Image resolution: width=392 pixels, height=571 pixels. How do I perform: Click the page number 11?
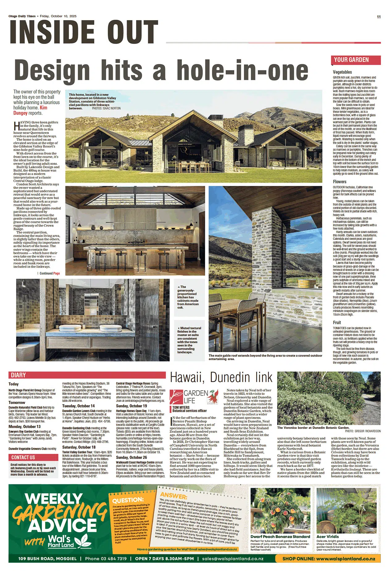[x=379, y=17]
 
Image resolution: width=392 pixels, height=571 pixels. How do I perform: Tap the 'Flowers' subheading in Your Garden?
[x=340, y=182]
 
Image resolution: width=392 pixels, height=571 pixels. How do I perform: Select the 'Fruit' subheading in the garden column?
[x=337, y=322]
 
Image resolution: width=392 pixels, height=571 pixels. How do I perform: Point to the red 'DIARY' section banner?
[x=18, y=375]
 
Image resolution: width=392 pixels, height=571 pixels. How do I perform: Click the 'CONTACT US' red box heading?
[x=23, y=457]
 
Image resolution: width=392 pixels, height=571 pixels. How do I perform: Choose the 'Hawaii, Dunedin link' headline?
[x=221, y=377]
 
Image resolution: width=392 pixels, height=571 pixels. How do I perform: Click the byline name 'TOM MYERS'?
[x=181, y=407]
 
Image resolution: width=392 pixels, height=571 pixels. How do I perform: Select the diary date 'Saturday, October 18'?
[x=79, y=447]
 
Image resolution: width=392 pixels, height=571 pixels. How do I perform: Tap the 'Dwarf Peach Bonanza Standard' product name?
[x=280, y=536]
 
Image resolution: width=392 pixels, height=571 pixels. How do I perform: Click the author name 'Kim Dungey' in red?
[x=30, y=110]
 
